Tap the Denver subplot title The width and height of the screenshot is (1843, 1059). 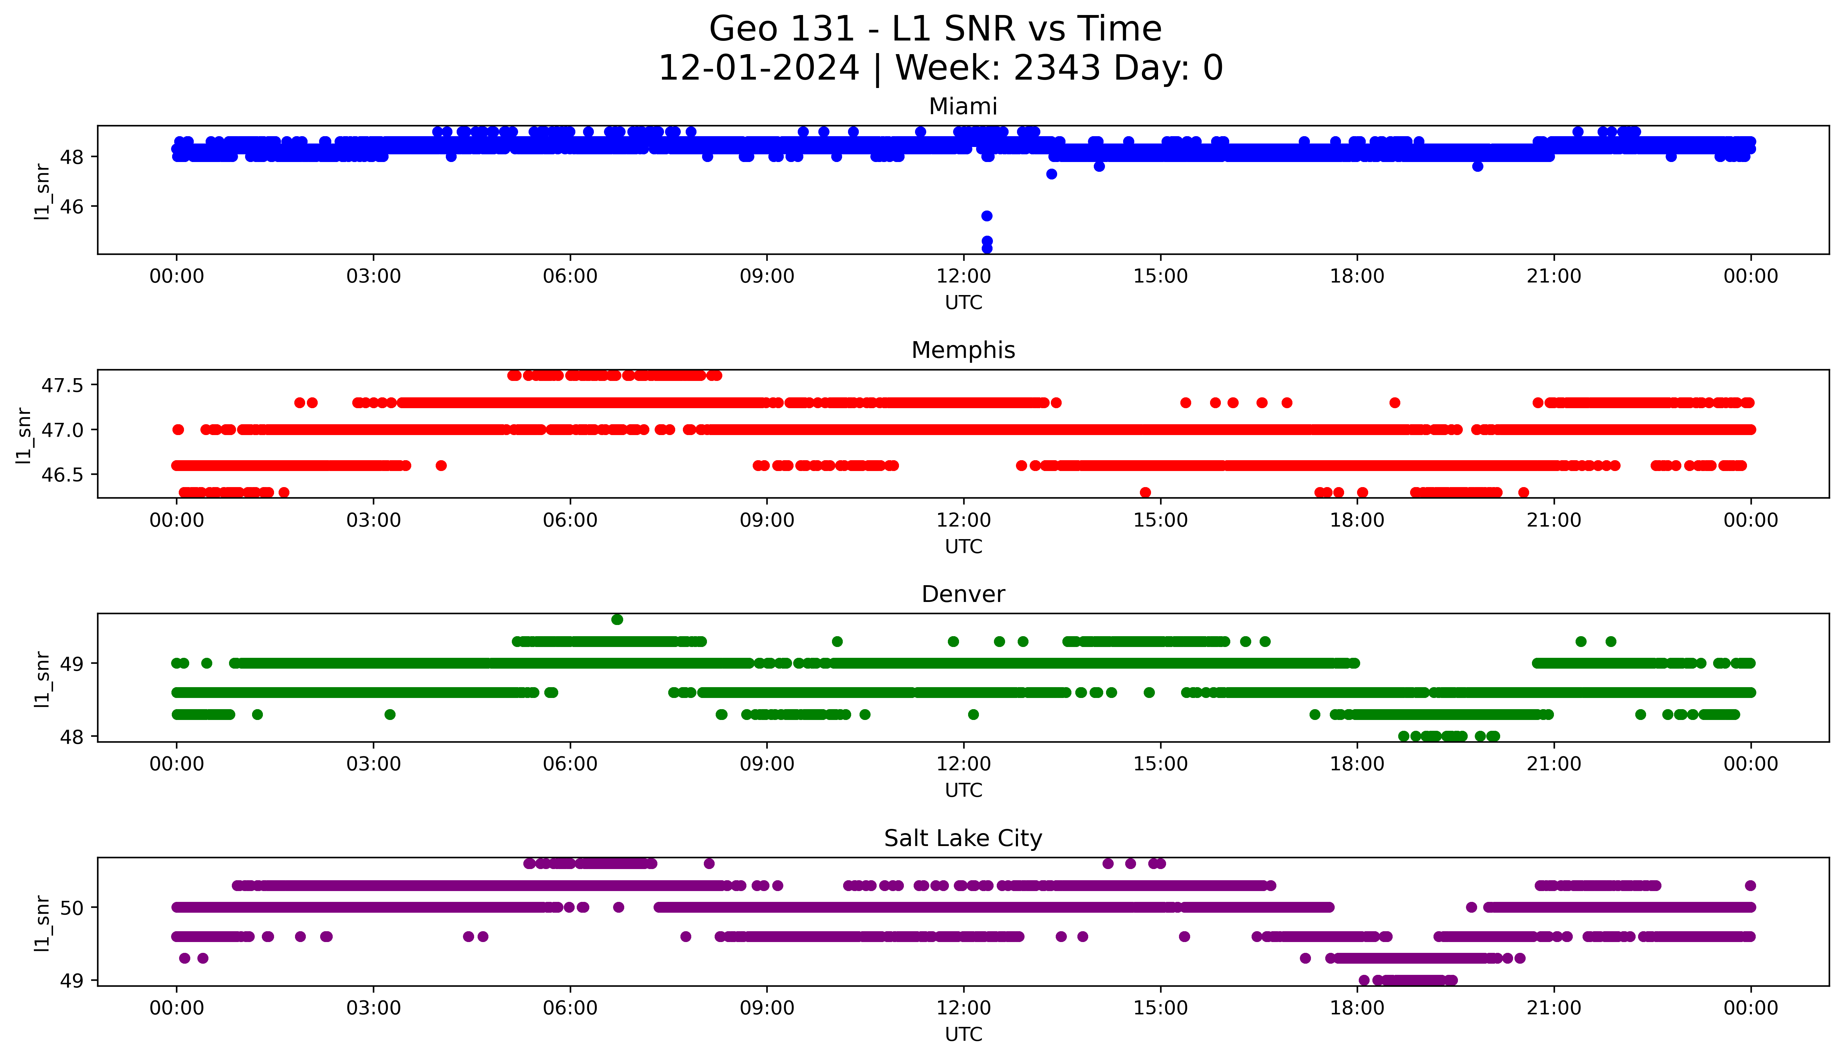click(x=963, y=594)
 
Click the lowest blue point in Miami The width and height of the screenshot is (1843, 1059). click(x=987, y=248)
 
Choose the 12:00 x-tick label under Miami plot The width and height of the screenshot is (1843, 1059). click(x=963, y=277)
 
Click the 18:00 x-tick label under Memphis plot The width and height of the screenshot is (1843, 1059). click(x=1357, y=520)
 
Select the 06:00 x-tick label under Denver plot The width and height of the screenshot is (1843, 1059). click(x=570, y=764)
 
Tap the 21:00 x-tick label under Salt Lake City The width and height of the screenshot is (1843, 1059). click(x=1554, y=1008)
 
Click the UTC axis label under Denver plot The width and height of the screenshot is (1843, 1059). click(x=963, y=790)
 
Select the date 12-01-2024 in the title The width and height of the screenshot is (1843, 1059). click(x=759, y=68)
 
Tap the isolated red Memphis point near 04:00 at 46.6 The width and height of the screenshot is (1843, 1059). click(x=441, y=465)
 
